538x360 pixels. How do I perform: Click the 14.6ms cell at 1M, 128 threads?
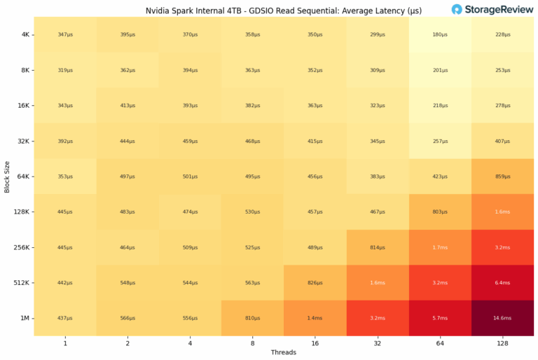[x=502, y=319]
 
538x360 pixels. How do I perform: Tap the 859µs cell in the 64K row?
[x=502, y=176]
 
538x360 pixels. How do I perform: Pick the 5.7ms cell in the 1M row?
[x=440, y=319]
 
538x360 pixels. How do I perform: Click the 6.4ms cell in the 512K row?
[x=502, y=283]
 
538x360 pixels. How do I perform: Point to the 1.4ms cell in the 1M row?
[x=315, y=319]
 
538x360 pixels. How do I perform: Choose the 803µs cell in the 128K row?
[x=440, y=212]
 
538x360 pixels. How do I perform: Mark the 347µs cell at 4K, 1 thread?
[x=65, y=34]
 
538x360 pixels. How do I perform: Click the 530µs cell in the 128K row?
[x=252, y=212]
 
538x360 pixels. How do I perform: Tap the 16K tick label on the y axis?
[x=23, y=105]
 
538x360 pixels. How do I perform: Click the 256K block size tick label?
[x=21, y=247]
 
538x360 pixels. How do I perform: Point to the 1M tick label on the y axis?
[x=25, y=319]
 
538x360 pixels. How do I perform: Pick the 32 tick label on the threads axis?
[x=378, y=343]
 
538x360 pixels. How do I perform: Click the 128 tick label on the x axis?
[x=502, y=343]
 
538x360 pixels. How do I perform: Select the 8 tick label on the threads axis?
[x=252, y=343]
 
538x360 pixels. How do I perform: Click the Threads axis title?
[x=284, y=352]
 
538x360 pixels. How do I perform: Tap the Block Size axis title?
[x=6, y=176]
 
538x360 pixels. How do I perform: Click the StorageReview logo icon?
[x=457, y=9]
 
